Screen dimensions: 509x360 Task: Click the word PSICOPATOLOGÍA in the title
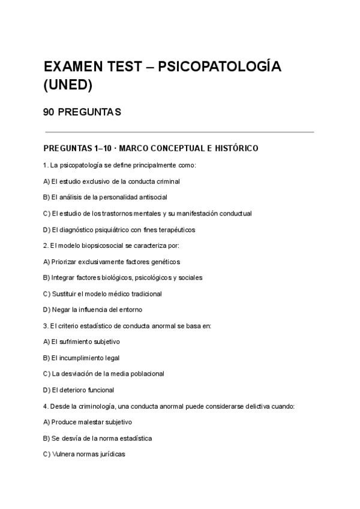click(219, 67)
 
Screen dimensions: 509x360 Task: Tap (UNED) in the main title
click(68, 85)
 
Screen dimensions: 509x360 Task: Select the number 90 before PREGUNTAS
click(49, 112)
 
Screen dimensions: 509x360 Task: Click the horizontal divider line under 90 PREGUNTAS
click(179, 132)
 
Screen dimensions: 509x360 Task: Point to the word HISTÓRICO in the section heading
click(233, 148)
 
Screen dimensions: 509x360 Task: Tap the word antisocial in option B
click(151, 197)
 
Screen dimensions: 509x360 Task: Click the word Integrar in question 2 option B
click(63, 278)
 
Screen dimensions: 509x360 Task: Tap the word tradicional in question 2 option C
click(146, 294)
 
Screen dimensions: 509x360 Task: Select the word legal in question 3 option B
click(112, 358)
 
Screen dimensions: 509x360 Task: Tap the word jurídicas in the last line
click(112, 454)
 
